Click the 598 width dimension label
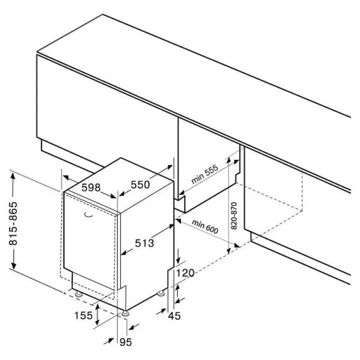(91, 187)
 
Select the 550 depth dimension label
(140, 184)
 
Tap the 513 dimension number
(144, 243)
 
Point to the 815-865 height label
(13, 223)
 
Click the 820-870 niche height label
(233, 215)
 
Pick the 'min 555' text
(204, 174)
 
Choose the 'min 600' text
(205, 226)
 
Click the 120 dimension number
(185, 273)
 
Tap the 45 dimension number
(174, 316)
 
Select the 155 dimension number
(83, 315)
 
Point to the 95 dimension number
(126, 342)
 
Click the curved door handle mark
(88, 215)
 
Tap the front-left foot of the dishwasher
(79, 294)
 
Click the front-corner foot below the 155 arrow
(125, 313)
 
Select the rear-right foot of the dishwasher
(161, 293)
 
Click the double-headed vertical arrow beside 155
(98, 314)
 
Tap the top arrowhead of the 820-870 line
(228, 161)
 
